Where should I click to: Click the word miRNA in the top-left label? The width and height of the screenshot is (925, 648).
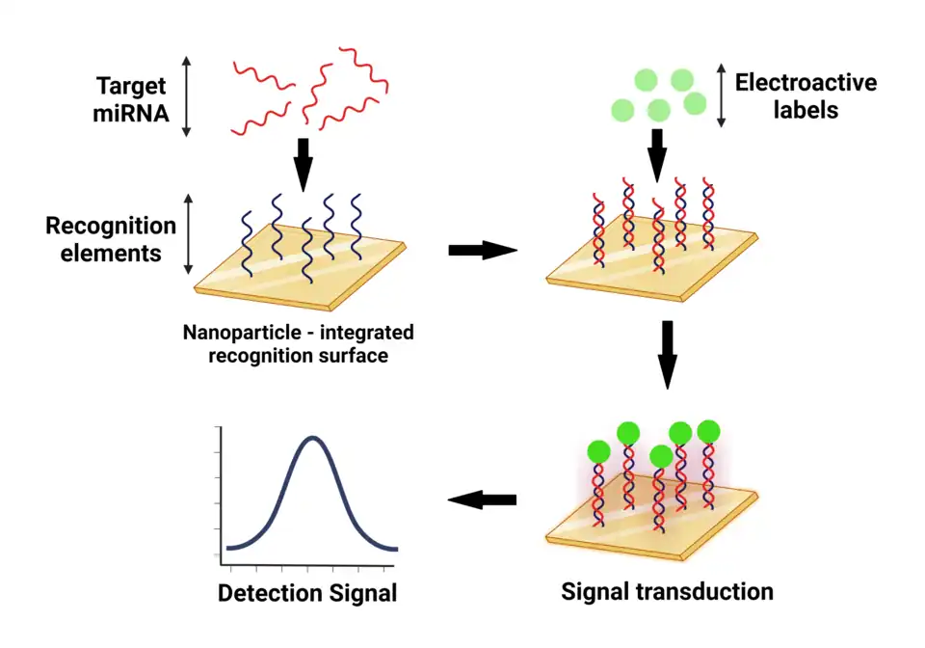pyautogui.click(x=132, y=113)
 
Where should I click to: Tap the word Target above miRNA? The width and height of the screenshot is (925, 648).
pyautogui.click(x=132, y=86)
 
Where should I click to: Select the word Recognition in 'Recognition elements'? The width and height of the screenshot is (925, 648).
pyautogui.click(x=111, y=227)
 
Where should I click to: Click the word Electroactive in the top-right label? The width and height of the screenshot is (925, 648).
pyautogui.click(x=806, y=83)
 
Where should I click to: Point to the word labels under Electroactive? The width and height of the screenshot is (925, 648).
pyautogui.click(x=805, y=110)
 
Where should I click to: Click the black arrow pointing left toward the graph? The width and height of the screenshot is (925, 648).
pyautogui.click(x=483, y=499)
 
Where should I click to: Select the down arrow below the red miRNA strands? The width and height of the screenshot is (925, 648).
pyautogui.click(x=304, y=164)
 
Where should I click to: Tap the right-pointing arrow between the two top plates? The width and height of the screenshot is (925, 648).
pyautogui.click(x=483, y=251)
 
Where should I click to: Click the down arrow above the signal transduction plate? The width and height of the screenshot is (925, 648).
pyautogui.click(x=667, y=355)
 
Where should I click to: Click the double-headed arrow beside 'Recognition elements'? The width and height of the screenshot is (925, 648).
pyautogui.click(x=189, y=233)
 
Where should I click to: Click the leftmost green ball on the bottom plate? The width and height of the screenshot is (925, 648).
pyautogui.click(x=599, y=450)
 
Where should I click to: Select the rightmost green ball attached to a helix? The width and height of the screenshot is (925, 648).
pyautogui.click(x=709, y=431)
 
